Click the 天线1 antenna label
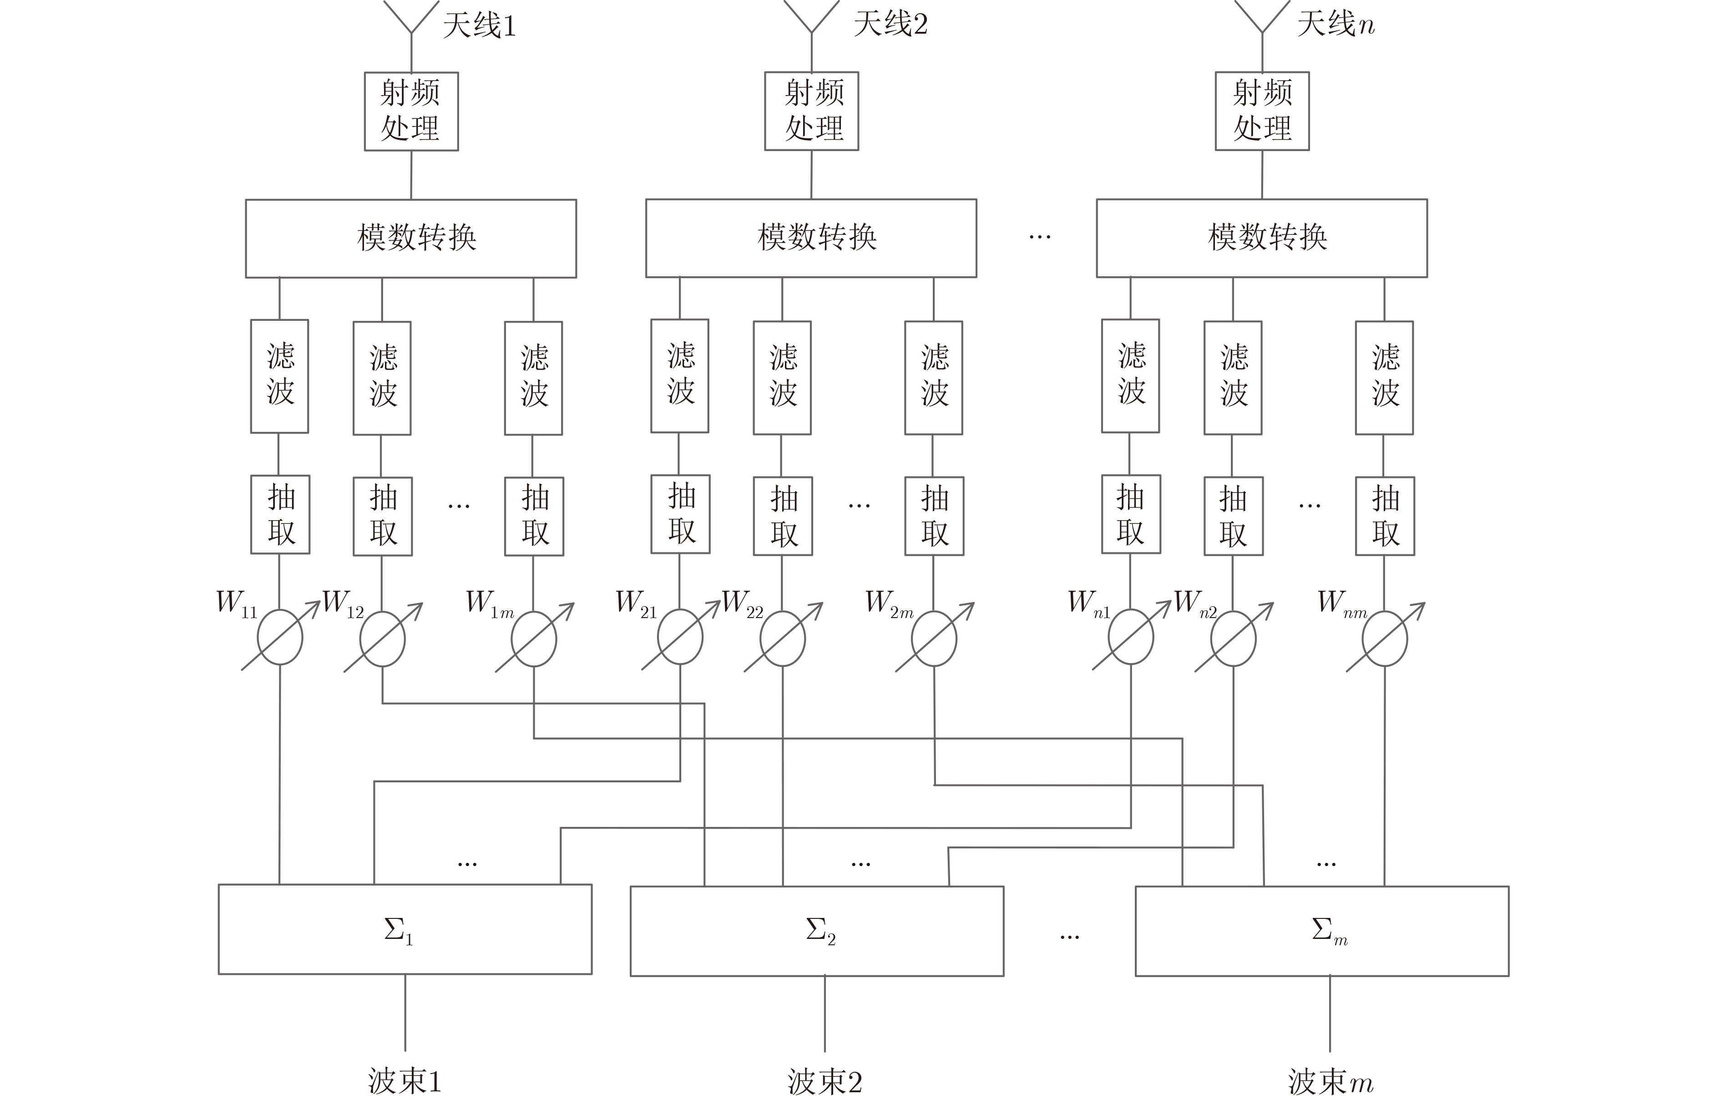point(479,26)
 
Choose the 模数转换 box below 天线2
point(811,238)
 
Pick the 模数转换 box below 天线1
point(411,238)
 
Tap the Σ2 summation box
point(816,931)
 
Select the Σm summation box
point(1321,931)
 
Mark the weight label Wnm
point(1341,603)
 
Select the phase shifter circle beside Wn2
point(1233,639)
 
